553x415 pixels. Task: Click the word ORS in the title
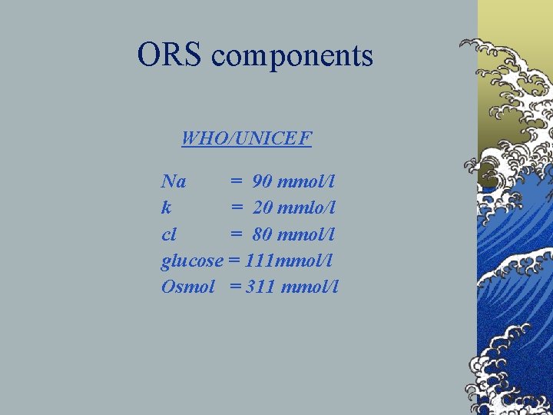170,55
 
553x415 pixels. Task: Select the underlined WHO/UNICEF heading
247,139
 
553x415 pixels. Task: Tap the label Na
174,182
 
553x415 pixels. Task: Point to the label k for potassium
167,208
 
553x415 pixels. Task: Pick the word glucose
192,262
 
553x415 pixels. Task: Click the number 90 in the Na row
262,182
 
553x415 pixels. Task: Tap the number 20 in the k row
263,208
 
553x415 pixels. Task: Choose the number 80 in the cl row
263,234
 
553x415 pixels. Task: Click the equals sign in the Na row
237,182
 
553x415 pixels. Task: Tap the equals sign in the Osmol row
234,287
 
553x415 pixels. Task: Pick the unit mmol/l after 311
310,287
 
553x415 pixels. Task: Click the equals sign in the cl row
237,234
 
